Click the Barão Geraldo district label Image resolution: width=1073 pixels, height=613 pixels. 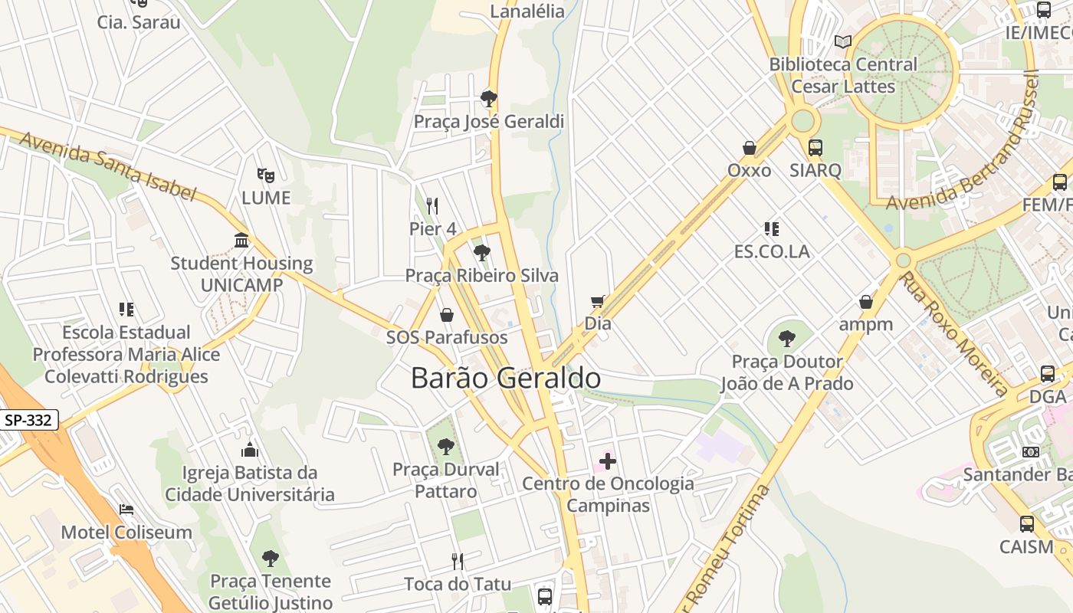coord(506,378)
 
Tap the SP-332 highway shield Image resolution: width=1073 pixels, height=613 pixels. coord(29,420)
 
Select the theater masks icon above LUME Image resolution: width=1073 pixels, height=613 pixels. coord(266,175)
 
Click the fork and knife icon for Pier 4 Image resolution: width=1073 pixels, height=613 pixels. coord(432,205)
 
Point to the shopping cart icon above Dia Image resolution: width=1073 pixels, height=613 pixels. coord(598,301)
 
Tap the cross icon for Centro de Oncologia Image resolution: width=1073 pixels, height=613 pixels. coord(608,461)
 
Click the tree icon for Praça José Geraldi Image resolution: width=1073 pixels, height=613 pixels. coord(488,98)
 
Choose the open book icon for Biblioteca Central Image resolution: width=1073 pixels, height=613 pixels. coord(843,41)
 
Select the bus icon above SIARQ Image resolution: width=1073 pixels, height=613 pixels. coord(815,147)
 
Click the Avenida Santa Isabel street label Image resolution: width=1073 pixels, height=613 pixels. coord(107,165)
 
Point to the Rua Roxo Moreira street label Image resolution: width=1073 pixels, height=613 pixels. coord(953,334)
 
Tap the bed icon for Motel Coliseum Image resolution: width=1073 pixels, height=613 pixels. coord(126,510)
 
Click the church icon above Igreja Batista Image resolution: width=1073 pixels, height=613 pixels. coord(250,449)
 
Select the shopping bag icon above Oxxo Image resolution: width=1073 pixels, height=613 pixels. coord(750,147)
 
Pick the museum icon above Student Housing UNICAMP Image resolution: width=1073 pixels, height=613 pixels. coord(241,241)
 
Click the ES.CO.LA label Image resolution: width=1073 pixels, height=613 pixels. coord(771,251)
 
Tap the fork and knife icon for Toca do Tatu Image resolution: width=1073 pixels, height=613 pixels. coord(458,562)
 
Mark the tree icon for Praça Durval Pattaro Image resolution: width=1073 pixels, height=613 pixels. coord(445,446)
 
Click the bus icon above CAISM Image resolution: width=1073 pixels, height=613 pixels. coord(1026,524)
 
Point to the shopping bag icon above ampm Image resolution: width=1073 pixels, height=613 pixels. coord(866,302)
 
